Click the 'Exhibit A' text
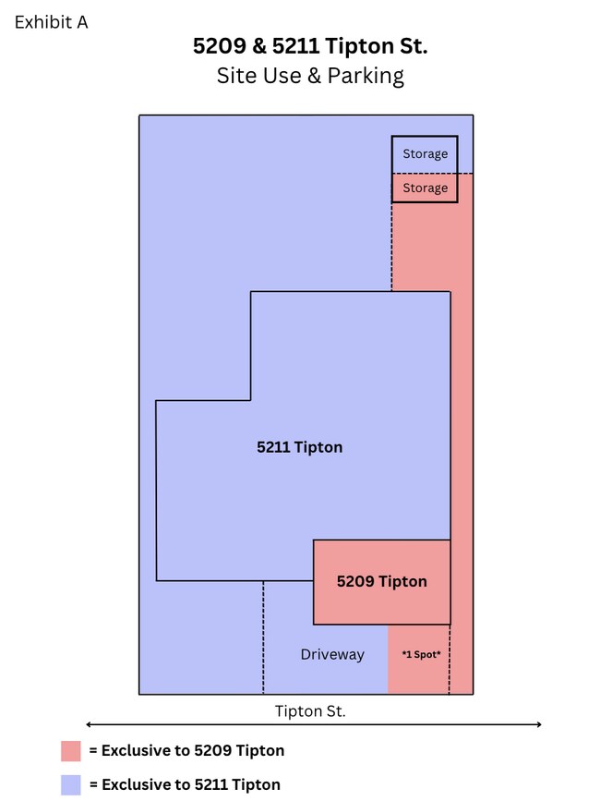click(x=51, y=22)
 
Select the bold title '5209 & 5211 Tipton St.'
click(x=310, y=46)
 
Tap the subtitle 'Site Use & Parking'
click(x=310, y=76)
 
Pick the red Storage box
click(x=425, y=188)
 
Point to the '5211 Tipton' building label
click(x=299, y=447)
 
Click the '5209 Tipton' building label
click(x=381, y=581)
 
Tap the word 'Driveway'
click(x=332, y=654)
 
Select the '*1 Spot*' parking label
click(x=421, y=654)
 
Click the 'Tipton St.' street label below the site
click(x=310, y=711)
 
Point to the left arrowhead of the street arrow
click(x=88, y=724)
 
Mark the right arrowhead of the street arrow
click(x=540, y=724)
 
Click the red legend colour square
click(x=71, y=751)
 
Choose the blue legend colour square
click(x=71, y=785)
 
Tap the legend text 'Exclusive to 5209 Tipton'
click(x=193, y=750)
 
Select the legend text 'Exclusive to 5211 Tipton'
click(x=191, y=784)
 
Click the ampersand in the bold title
click(x=259, y=46)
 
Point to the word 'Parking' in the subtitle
click(x=366, y=76)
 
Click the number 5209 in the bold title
click(x=220, y=46)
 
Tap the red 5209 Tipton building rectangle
click(x=381, y=582)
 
